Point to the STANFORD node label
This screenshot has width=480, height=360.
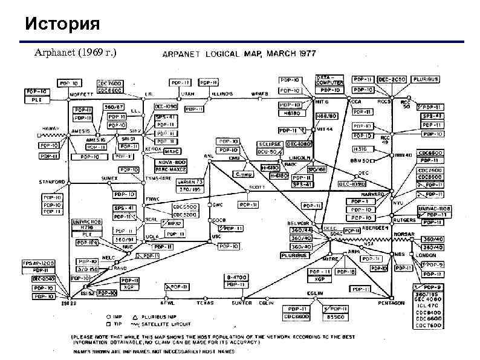(52, 182)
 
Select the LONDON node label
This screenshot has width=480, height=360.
(427, 255)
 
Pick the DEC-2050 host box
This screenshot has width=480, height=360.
(392, 79)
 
